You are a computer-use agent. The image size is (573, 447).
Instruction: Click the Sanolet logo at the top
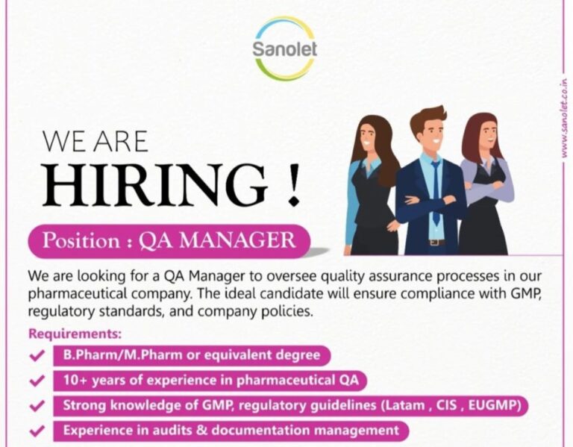pos(285,49)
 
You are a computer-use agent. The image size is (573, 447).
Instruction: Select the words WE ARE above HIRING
pos(95,142)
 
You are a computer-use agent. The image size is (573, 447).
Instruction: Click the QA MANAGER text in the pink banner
pos(217,241)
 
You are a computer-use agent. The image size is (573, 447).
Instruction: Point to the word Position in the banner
pos(81,241)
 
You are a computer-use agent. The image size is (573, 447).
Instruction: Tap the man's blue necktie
pos(436,191)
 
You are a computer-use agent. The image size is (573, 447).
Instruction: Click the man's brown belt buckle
pos(433,243)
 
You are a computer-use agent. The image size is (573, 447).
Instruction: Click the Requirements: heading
pos(75,334)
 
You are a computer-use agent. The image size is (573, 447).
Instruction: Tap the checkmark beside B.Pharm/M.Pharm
pos(37,355)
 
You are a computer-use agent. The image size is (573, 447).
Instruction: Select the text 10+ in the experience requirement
pos(75,380)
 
